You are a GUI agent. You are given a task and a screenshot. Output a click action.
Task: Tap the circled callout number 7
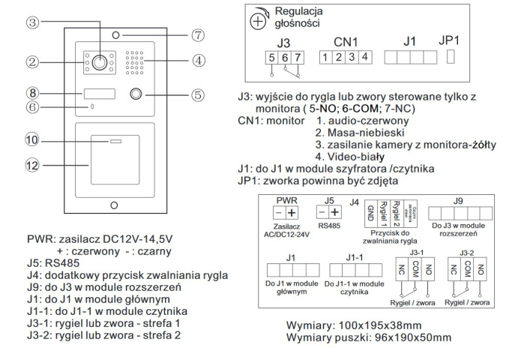(x=198, y=34)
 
